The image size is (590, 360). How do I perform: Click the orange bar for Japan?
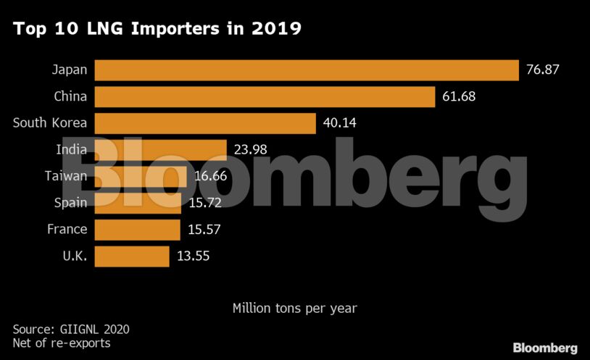(x=307, y=70)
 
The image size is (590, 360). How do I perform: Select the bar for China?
(x=265, y=97)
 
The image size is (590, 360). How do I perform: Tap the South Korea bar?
(x=205, y=123)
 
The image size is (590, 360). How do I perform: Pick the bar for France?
(x=137, y=230)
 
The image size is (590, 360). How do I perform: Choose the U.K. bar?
(x=131, y=256)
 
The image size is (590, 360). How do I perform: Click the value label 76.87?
(x=544, y=70)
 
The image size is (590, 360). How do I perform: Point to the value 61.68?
(x=459, y=97)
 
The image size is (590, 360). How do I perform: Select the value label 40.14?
(x=340, y=123)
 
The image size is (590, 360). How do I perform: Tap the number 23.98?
(x=251, y=150)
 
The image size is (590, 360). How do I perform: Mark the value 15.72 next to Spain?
(x=206, y=203)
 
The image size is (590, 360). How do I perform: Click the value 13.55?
(x=194, y=256)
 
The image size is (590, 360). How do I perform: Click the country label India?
(x=71, y=150)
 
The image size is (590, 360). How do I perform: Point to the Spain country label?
(x=70, y=203)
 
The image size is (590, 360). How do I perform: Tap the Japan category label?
(x=69, y=70)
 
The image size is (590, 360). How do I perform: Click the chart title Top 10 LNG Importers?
(x=157, y=29)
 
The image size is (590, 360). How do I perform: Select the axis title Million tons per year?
(x=294, y=308)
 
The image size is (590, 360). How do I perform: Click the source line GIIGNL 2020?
(x=71, y=330)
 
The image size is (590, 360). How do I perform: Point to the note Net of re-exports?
(x=62, y=343)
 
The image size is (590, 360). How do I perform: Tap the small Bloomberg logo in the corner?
(x=545, y=348)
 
